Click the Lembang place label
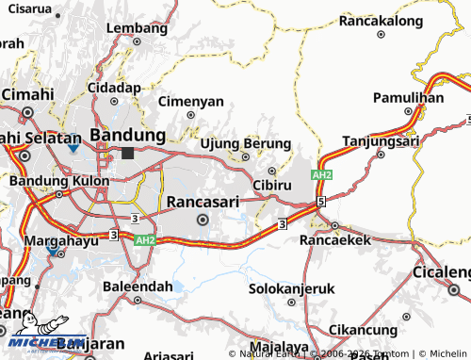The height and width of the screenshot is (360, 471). [136, 27]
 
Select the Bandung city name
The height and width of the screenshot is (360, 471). [127, 134]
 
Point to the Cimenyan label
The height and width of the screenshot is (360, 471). [191, 100]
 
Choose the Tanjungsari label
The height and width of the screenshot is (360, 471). [381, 141]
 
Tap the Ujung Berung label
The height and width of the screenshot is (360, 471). [244, 142]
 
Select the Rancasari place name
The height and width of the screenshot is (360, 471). [203, 201]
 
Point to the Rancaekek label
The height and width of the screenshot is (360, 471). [336, 240]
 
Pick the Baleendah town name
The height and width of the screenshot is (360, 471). [138, 285]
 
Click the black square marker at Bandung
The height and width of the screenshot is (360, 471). [127, 153]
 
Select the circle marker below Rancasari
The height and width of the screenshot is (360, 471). [203, 220]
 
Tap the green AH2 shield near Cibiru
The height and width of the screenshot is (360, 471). [322, 175]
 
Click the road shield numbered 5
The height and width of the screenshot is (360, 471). [321, 201]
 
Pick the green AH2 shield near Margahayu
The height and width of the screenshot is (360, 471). [144, 240]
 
